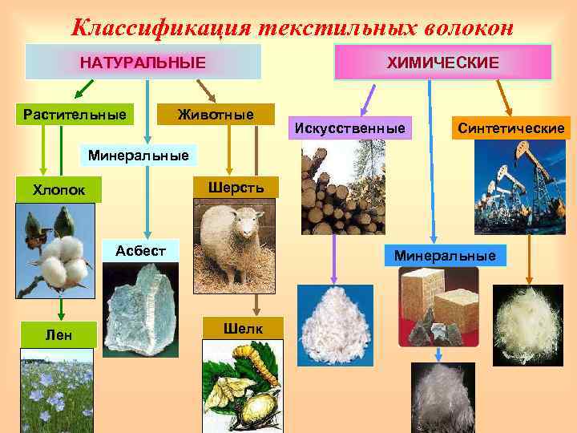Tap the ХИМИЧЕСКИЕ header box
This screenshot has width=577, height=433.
click(x=443, y=62)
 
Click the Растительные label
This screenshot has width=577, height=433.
click(x=75, y=115)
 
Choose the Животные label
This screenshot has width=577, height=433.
click(x=216, y=115)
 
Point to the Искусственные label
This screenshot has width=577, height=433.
click(x=350, y=127)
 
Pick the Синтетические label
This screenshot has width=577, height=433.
click(x=511, y=127)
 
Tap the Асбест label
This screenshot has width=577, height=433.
click(x=140, y=250)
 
